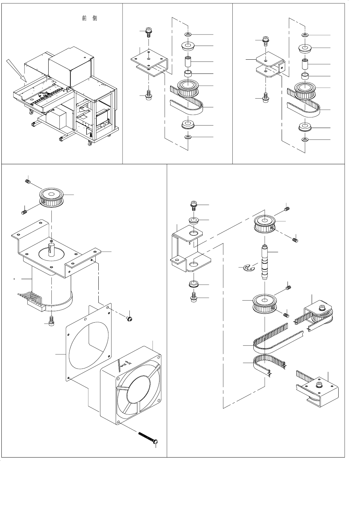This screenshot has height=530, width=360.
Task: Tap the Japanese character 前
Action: pyautogui.click(x=84, y=18)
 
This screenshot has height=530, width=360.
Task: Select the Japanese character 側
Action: pyautogui.click(x=95, y=18)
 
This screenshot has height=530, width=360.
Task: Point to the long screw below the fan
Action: pyautogui.click(x=148, y=437)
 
